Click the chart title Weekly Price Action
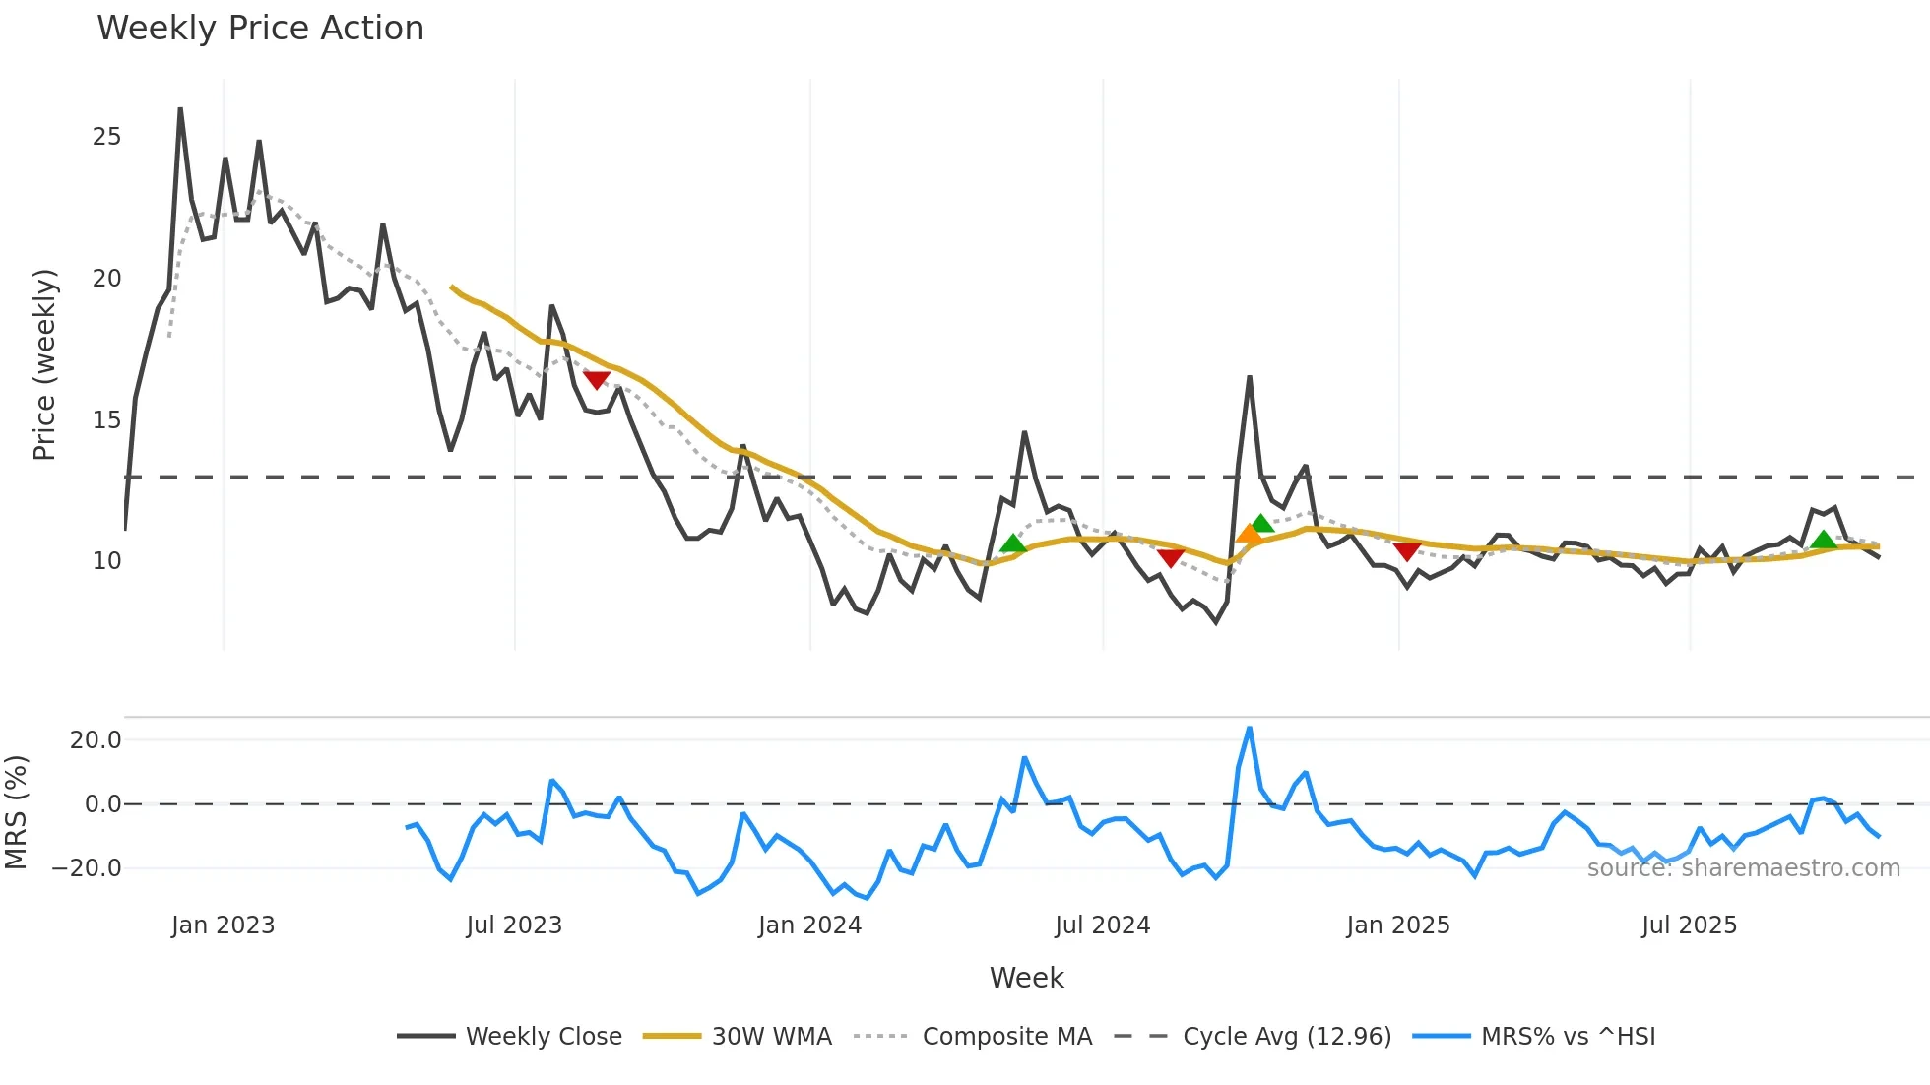click(x=260, y=29)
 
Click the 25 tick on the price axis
click(x=106, y=137)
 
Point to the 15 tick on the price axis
click(x=106, y=420)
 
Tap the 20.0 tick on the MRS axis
click(x=96, y=740)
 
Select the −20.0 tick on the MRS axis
click(x=87, y=868)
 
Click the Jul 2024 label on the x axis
click(x=1102, y=925)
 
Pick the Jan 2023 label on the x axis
click(x=223, y=925)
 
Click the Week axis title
click(x=1026, y=978)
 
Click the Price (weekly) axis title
click(x=44, y=364)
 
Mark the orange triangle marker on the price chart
click(x=1249, y=535)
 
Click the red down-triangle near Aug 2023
click(x=597, y=380)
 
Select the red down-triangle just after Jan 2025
click(x=1407, y=551)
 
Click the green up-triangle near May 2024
click(x=1012, y=543)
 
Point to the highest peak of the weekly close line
click(x=180, y=108)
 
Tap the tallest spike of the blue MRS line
click(x=1249, y=729)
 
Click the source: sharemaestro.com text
click(x=1743, y=868)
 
